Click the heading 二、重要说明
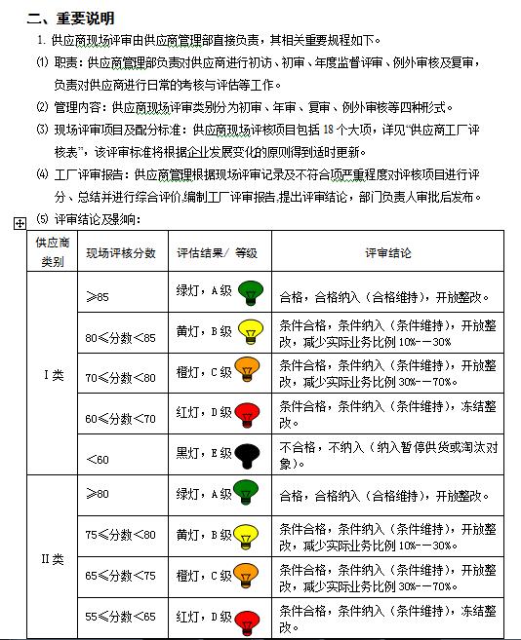70,18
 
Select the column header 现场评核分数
121,252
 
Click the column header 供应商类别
52,252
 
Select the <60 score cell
98,457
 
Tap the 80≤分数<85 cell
120,338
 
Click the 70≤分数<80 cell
120,376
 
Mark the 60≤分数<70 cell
120,418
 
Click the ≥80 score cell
98,493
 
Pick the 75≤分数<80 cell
120,535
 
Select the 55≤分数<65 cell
120,617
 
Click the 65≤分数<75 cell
120,576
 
